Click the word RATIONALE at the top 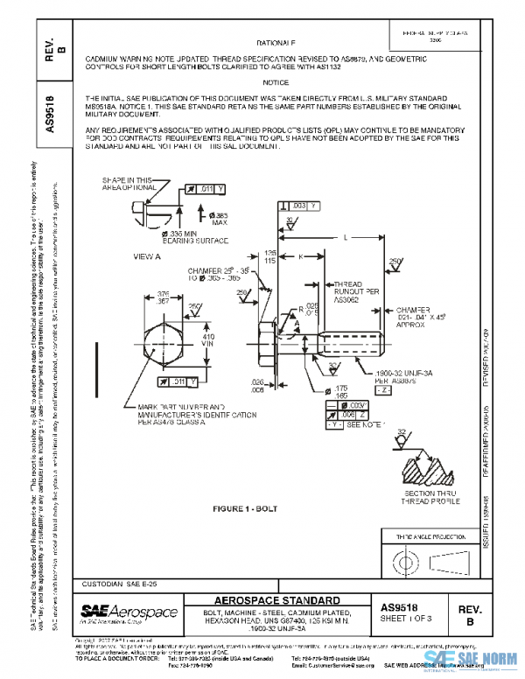click(276, 42)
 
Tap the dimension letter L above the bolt click(345, 237)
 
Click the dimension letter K click(300, 256)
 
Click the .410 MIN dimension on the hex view click(207, 340)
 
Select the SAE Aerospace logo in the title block click(129, 612)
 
